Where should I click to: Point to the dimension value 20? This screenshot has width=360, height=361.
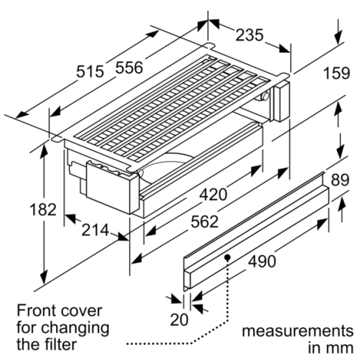point(180,319)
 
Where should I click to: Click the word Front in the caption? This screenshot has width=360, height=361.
point(35,309)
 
